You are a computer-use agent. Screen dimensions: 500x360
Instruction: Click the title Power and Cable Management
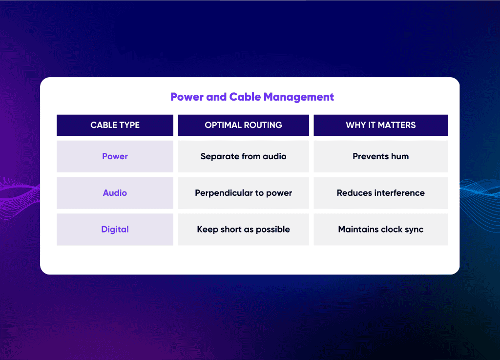pyautogui.click(x=252, y=97)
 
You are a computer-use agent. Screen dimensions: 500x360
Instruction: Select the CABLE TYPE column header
pyautogui.click(x=115, y=125)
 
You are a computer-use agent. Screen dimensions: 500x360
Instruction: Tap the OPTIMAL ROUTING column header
pyautogui.click(x=243, y=125)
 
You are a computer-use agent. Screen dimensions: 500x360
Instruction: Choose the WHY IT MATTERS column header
pyautogui.click(x=381, y=125)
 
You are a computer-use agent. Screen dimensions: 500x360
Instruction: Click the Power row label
pyautogui.click(x=115, y=156)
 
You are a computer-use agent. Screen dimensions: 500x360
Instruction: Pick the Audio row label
pyautogui.click(x=115, y=193)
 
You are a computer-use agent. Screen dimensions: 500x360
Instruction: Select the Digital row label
pyautogui.click(x=115, y=229)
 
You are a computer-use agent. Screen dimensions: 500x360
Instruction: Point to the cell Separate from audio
pyautogui.click(x=243, y=156)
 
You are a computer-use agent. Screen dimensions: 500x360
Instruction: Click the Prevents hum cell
pyautogui.click(x=381, y=156)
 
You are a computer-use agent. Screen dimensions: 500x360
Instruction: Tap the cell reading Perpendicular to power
pyautogui.click(x=243, y=193)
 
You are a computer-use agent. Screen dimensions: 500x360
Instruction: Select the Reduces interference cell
pyautogui.click(x=381, y=193)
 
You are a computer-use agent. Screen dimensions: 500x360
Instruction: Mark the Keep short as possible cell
pyautogui.click(x=243, y=229)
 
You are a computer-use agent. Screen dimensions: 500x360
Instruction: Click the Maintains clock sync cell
pyautogui.click(x=381, y=229)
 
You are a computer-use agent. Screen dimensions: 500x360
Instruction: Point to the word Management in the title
pyautogui.click(x=299, y=97)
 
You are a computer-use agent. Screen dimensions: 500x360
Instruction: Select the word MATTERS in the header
pyautogui.click(x=396, y=125)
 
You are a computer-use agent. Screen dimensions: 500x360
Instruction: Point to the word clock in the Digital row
pyautogui.click(x=392, y=229)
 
